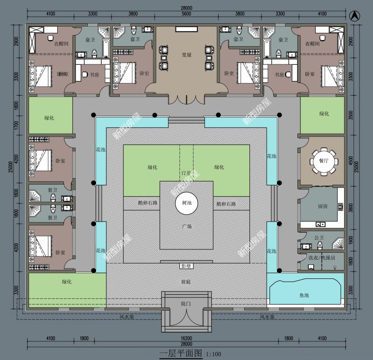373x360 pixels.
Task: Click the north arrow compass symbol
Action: (x=355, y=15)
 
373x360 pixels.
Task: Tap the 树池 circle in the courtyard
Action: (x=186, y=204)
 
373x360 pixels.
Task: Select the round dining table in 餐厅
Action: (x=324, y=161)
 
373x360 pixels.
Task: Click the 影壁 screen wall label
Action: (x=186, y=266)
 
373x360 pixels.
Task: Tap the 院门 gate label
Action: (x=186, y=304)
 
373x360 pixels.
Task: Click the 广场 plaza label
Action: (x=186, y=227)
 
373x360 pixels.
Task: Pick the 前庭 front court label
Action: (x=186, y=282)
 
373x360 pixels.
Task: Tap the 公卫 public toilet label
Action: (x=319, y=238)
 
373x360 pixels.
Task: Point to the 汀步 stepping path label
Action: (x=186, y=173)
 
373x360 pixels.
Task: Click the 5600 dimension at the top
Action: (x=186, y=14)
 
